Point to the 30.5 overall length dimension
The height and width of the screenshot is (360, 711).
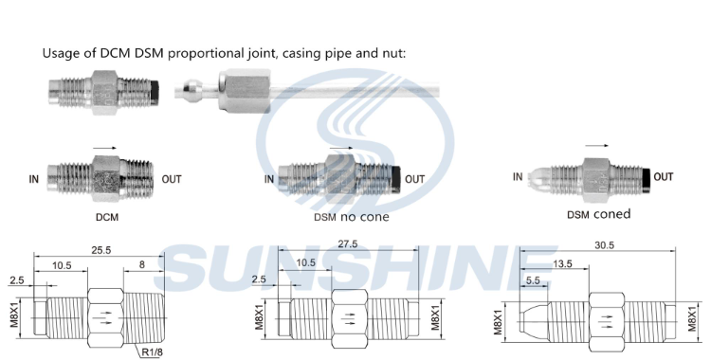(602, 245)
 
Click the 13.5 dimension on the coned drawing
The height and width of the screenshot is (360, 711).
(561, 262)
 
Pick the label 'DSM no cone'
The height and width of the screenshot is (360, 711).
(351, 216)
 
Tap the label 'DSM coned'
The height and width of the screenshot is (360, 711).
(598, 214)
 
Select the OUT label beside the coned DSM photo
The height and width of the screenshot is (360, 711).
(664, 176)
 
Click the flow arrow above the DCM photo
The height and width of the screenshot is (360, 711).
(106, 147)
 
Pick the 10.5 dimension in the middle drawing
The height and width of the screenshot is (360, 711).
(306, 262)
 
